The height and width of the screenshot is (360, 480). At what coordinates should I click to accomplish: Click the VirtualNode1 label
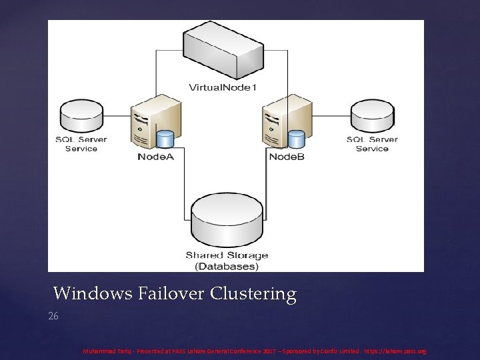222,87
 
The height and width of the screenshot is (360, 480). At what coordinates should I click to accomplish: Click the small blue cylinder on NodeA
164,139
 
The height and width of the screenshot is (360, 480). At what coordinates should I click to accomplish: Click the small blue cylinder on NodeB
296,139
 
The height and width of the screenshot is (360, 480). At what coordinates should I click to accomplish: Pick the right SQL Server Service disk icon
371,116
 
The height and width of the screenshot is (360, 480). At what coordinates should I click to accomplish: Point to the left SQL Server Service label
81,144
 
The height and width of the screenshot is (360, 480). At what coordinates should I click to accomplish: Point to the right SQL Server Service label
371,144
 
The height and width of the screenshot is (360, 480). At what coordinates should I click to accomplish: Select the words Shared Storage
227,255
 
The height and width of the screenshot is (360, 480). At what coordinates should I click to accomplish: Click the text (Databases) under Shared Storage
227,266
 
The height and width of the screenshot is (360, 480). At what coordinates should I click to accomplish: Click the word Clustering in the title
253,294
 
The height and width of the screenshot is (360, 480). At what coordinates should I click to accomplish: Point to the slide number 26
53,316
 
